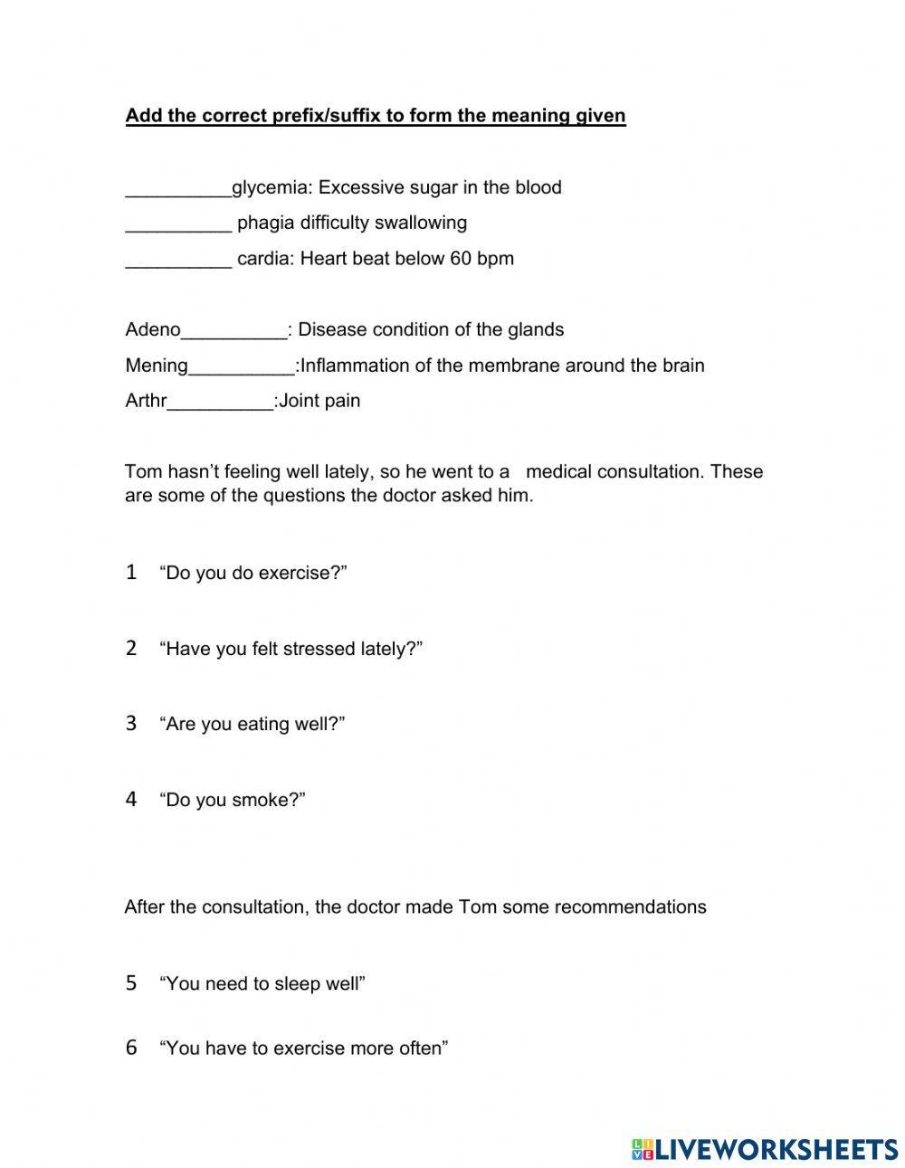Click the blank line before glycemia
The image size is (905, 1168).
[x=178, y=189]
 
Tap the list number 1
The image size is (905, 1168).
[x=131, y=572]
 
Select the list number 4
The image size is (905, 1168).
[x=131, y=799]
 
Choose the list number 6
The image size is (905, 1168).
[x=131, y=1048]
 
